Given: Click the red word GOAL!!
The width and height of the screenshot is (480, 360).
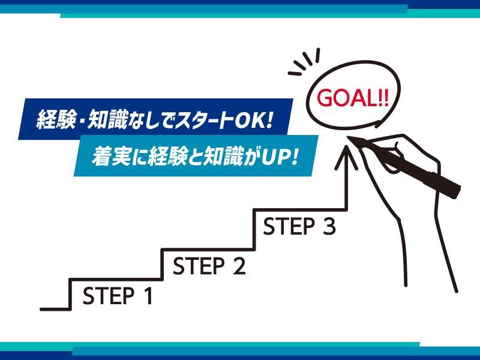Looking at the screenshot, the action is (353, 98).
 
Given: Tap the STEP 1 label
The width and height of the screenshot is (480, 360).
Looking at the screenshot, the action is (118, 296).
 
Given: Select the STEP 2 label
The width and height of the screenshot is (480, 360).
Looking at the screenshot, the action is (209, 266).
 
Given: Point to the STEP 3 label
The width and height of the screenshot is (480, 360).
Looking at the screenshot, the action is (299, 226).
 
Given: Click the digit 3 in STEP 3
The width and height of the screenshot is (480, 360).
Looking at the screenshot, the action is (329, 226).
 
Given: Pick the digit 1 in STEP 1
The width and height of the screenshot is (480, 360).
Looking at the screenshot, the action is (149, 296).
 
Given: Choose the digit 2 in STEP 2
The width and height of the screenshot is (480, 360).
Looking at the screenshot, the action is (239, 266).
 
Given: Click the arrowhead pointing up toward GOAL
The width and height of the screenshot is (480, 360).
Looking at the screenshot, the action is (346, 156).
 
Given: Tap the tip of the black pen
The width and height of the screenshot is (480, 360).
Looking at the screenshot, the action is (349, 137).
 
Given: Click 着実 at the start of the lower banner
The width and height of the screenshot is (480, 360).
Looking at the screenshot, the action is (111, 157).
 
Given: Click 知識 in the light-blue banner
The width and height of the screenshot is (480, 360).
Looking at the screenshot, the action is (223, 157).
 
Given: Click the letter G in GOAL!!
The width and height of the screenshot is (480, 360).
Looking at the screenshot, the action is (325, 98).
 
